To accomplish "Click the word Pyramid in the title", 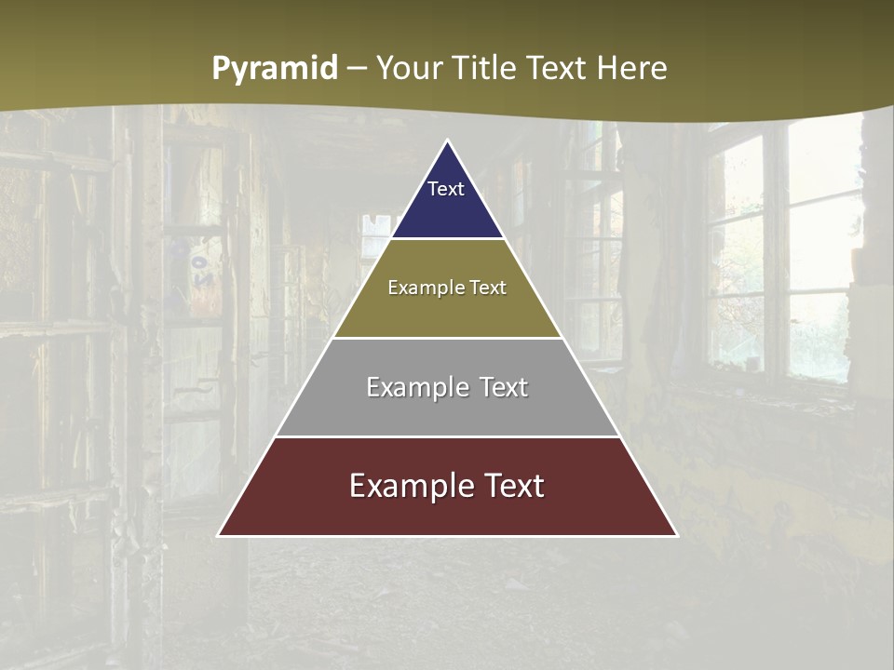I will point(275,69).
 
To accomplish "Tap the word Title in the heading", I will point(487,68).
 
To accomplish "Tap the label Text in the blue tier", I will point(446,189).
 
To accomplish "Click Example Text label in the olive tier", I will point(447,288).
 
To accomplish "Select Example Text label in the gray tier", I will point(447,387).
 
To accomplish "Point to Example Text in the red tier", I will point(447,486).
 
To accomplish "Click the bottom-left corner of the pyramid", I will point(218,535).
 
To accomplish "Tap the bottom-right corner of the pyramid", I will point(677,535).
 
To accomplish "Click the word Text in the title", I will point(559,68).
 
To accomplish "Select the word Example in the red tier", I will point(408,486).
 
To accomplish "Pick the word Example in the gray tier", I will point(413,387).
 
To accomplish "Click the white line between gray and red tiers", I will point(447,436).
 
